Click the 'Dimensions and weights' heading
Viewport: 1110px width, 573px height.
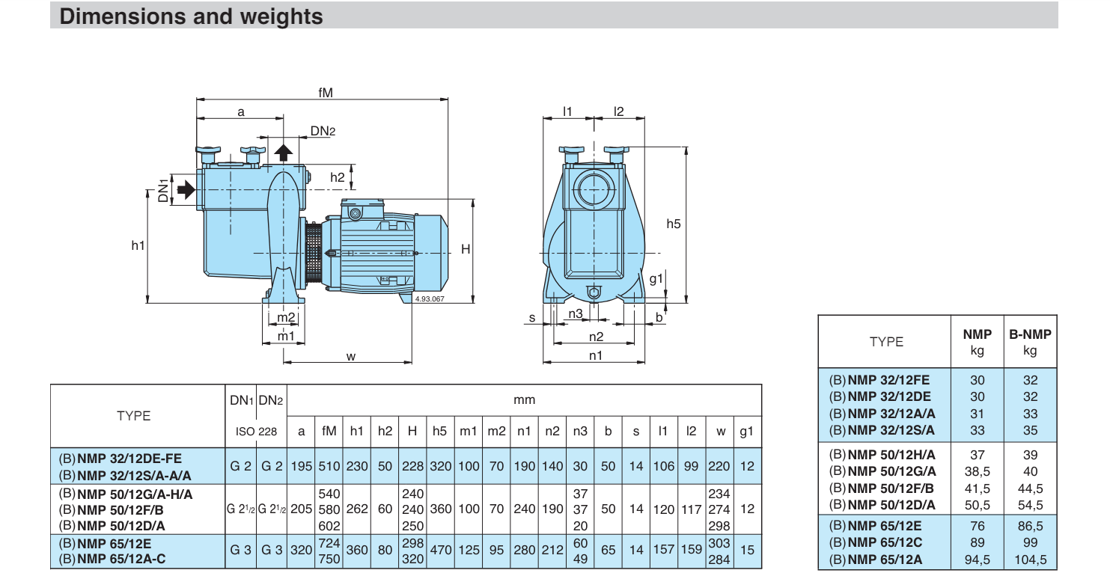(x=192, y=16)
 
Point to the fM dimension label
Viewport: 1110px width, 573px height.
(x=326, y=93)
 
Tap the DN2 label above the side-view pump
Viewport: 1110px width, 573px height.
(x=323, y=131)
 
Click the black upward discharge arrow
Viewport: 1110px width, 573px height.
(x=284, y=153)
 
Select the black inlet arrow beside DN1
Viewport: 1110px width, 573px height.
(x=186, y=189)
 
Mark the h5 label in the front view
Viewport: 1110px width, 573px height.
(x=674, y=224)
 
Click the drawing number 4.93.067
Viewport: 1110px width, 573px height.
(x=430, y=299)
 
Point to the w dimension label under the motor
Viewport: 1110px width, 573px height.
(x=351, y=357)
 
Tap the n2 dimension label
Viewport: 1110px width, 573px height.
(x=596, y=337)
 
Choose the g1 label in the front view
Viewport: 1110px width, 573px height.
(x=656, y=279)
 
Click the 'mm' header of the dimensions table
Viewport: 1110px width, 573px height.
(x=524, y=399)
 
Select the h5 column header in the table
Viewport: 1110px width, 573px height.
(x=439, y=431)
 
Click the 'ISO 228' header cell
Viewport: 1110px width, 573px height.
(x=256, y=432)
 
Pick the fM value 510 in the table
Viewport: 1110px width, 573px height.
(x=329, y=466)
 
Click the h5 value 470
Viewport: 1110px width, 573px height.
(x=441, y=550)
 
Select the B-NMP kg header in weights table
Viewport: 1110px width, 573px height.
(x=1030, y=342)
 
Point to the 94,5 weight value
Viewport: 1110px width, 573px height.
(x=978, y=560)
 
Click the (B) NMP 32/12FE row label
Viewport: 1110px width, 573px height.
(x=879, y=380)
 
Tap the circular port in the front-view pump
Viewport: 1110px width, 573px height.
(x=594, y=189)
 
